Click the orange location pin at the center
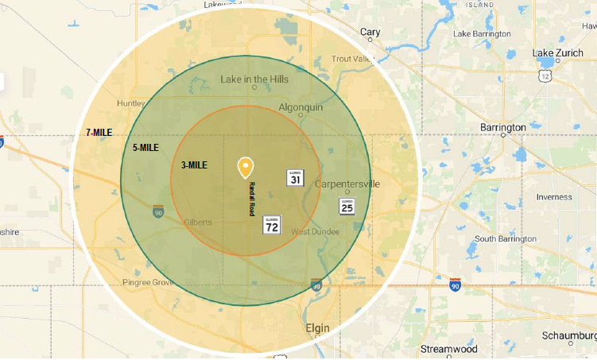coord(246,167)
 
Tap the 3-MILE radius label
coord(194,165)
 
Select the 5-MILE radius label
coord(145,148)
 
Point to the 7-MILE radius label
coord(99,132)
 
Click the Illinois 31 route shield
coord(295,178)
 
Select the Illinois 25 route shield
coord(347,206)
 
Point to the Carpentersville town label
coord(347,184)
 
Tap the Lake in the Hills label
coord(254,79)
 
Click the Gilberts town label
coord(197,223)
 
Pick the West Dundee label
coord(315,231)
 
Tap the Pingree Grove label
coord(148,282)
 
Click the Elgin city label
coord(317,327)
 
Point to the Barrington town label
coord(503,127)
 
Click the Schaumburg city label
coord(568,335)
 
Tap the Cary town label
coord(370,33)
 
